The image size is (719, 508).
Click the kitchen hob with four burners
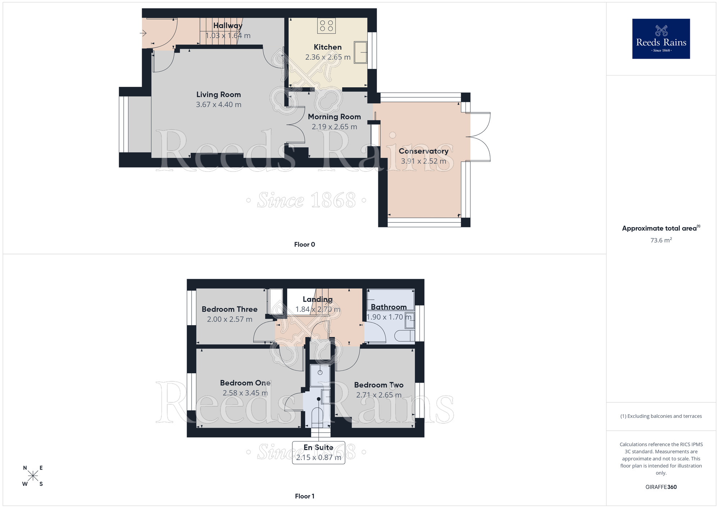(x=326, y=26)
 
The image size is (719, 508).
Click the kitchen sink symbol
(x=361, y=52)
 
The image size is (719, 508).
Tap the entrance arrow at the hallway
(x=143, y=33)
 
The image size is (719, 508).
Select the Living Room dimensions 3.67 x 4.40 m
(x=219, y=105)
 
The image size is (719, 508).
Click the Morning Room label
(x=334, y=117)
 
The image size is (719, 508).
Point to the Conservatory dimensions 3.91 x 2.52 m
(x=423, y=161)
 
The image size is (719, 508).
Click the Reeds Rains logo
(x=661, y=39)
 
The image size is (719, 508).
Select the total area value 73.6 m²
(x=661, y=240)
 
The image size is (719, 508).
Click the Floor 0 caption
(x=304, y=245)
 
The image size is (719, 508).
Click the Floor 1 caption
(x=304, y=496)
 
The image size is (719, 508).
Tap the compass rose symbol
(x=33, y=476)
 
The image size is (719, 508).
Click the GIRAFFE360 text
(x=661, y=487)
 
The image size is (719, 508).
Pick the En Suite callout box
(x=319, y=453)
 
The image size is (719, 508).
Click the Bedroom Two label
(x=379, y=385)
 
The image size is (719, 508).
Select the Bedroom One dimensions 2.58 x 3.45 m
(x=245, y=393)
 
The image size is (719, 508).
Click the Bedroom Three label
(x=229, y=309)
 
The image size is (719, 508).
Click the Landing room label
(x=317, y=299)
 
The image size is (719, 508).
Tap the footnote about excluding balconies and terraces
(x=661, y=416)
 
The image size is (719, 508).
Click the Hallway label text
(x=228, y=26)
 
